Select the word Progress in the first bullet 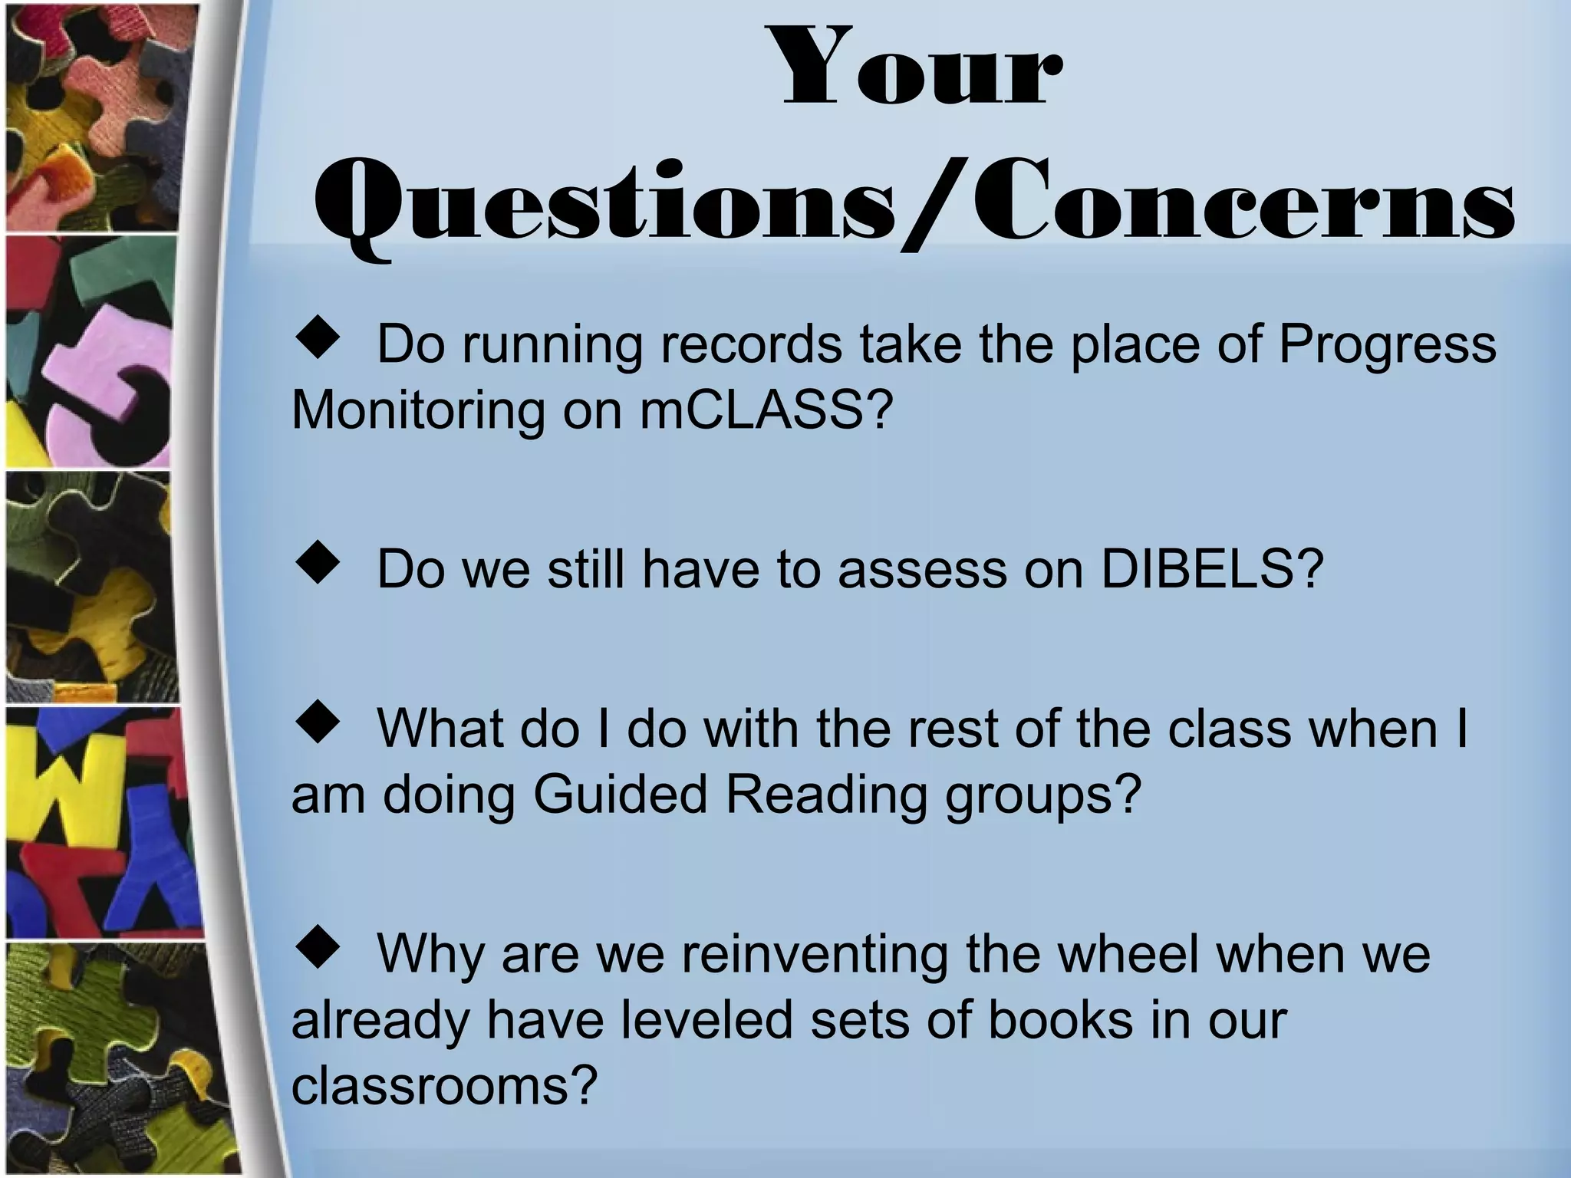(1387, 345)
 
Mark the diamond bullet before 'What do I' (318, 724)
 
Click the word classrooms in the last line (443, 1085)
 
